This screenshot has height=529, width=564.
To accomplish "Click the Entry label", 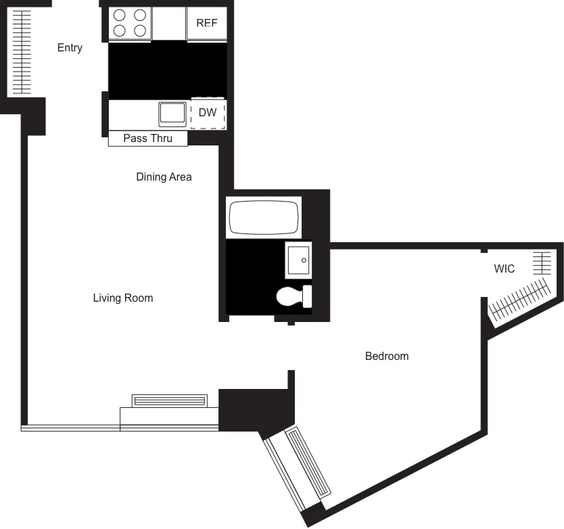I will [70, 48].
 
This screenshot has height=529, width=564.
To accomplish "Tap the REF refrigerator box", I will [207, 23].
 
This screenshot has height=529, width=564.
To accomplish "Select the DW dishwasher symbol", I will [208, 113].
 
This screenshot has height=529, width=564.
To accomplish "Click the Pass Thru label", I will [147, 139].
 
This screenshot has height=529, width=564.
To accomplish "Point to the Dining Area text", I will [164, 177].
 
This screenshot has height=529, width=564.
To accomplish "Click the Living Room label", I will [123, 298].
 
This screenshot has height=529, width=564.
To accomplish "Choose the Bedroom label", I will [387, 356].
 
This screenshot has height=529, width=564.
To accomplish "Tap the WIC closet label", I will [504, 269].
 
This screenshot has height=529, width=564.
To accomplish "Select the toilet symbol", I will [295, 296].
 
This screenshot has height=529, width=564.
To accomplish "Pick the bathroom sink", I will [298, 260].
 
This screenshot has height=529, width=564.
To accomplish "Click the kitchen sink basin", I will [172, 114].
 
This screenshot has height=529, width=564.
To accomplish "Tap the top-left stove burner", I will [120, 15].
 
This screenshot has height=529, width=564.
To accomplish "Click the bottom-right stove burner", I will [140, 30].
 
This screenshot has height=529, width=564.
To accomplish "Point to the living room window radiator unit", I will [170, 400].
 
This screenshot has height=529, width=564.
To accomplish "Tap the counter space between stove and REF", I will [169, 23].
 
